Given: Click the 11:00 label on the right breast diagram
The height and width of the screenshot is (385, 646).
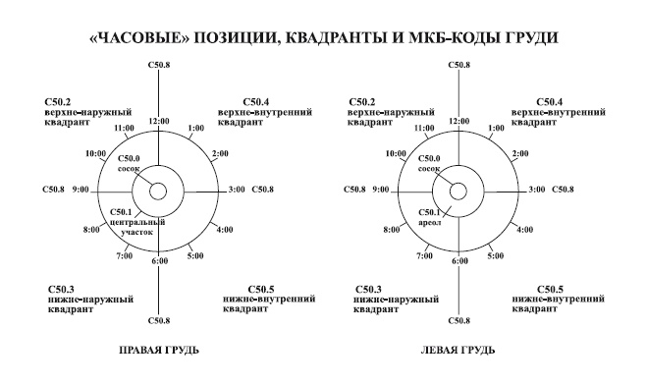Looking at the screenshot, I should coord(125,128).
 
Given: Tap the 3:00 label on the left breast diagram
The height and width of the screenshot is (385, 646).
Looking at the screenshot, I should coord(537,188).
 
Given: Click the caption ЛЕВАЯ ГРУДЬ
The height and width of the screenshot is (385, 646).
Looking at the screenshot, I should coord(458,350).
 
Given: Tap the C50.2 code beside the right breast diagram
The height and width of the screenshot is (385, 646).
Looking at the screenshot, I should coord(60,102).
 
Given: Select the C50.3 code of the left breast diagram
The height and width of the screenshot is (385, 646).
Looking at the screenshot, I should coord(362,289).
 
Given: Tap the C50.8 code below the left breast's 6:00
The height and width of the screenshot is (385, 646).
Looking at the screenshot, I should coord(458,320).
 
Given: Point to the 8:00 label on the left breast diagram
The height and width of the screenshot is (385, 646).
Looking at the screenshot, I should coord(392,230).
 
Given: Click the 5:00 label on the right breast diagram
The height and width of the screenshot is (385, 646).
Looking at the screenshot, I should coord(195,256).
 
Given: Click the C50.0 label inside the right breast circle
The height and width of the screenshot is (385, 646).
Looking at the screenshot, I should coord(130,158).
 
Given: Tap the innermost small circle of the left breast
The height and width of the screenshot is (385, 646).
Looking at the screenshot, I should coord(458,192).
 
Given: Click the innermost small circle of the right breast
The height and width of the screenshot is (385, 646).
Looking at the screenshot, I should coord(158,192).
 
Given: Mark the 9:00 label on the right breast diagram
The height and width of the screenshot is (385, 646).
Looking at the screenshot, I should coord(81,188).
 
